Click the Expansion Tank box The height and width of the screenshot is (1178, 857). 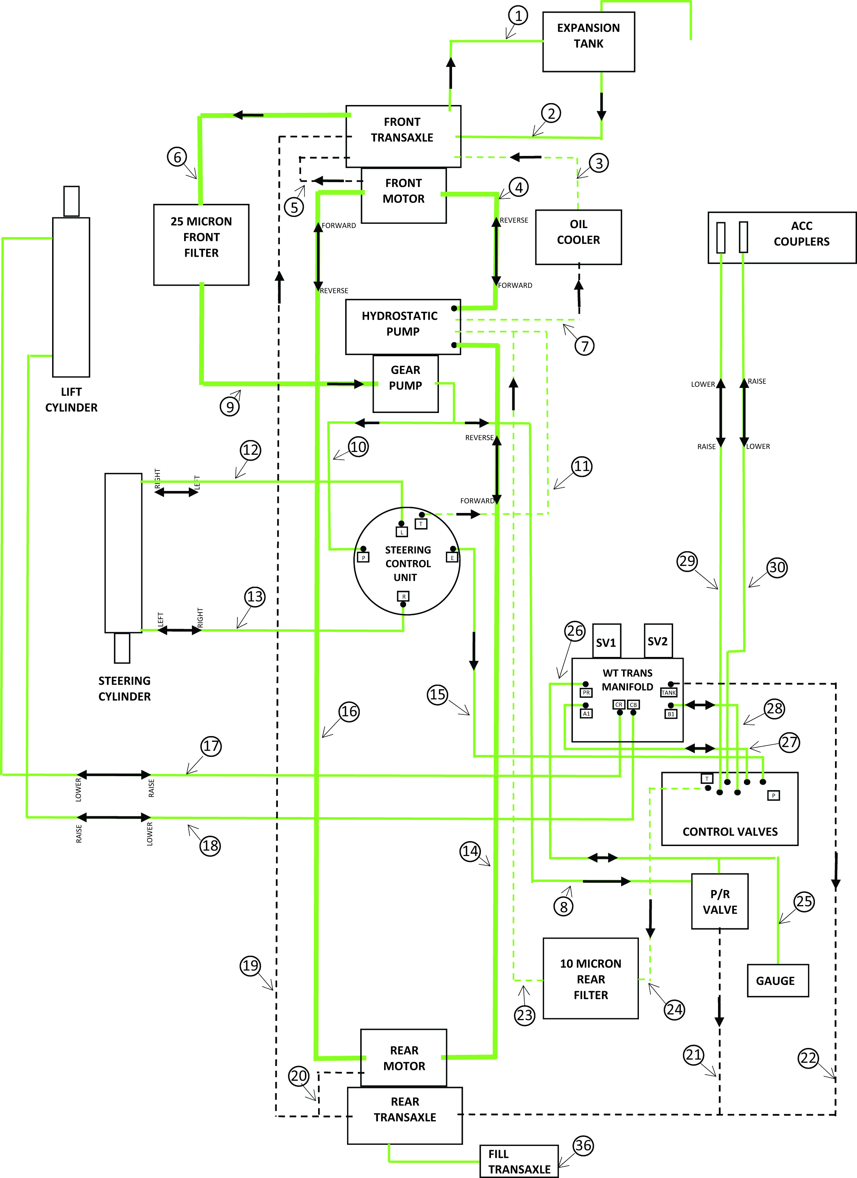point(588,42)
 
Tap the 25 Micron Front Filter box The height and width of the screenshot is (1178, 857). point(201,244)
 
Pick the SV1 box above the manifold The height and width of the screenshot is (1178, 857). point(606,642)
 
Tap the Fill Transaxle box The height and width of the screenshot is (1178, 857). point(518,1161)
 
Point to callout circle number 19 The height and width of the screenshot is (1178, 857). point(251,966)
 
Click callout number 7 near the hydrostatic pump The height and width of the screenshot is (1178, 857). point(584,346)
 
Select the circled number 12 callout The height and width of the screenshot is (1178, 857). point(251,450)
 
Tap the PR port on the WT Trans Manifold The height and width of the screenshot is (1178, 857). point(586,692)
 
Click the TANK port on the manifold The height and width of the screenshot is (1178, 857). point(669,692)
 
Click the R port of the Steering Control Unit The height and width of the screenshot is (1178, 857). point(403,597)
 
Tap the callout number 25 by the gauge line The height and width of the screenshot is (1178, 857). point(803,901)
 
